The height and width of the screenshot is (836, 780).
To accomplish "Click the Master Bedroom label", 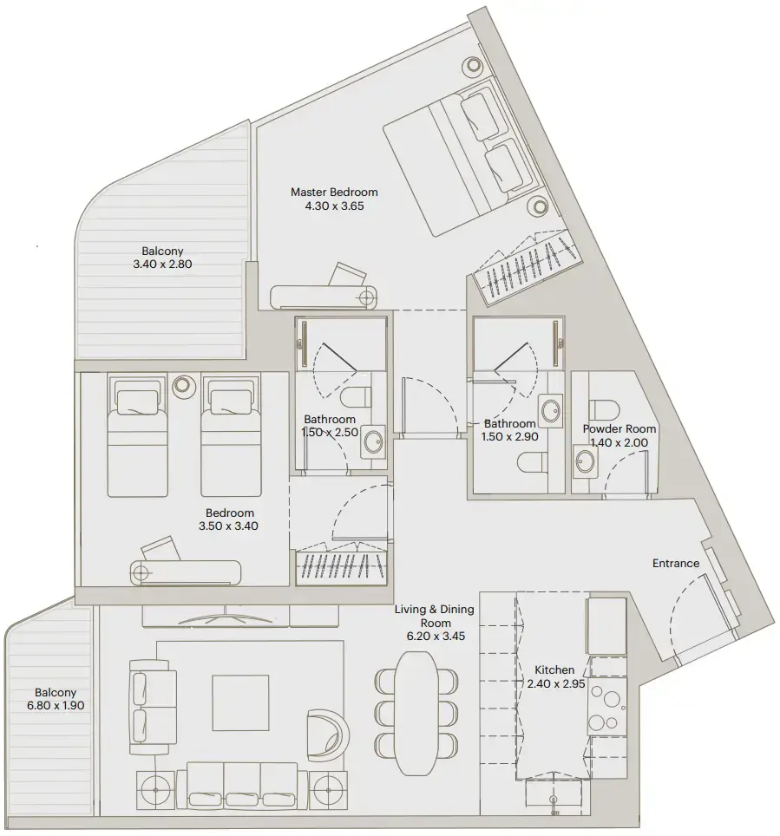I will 334,192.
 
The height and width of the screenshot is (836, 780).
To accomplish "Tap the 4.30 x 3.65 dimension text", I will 334,206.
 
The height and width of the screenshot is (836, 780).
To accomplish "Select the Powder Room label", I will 619,428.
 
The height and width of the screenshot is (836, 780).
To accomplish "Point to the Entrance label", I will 675,564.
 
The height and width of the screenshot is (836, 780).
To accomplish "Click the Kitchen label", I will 554,669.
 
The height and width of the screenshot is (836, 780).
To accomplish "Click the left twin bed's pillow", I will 135,400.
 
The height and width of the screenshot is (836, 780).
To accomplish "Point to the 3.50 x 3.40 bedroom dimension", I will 230,526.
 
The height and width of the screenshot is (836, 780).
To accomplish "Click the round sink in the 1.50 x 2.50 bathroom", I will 373,441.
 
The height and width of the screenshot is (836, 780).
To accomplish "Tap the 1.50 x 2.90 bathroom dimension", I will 510,437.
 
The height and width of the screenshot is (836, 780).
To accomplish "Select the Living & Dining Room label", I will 434,623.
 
